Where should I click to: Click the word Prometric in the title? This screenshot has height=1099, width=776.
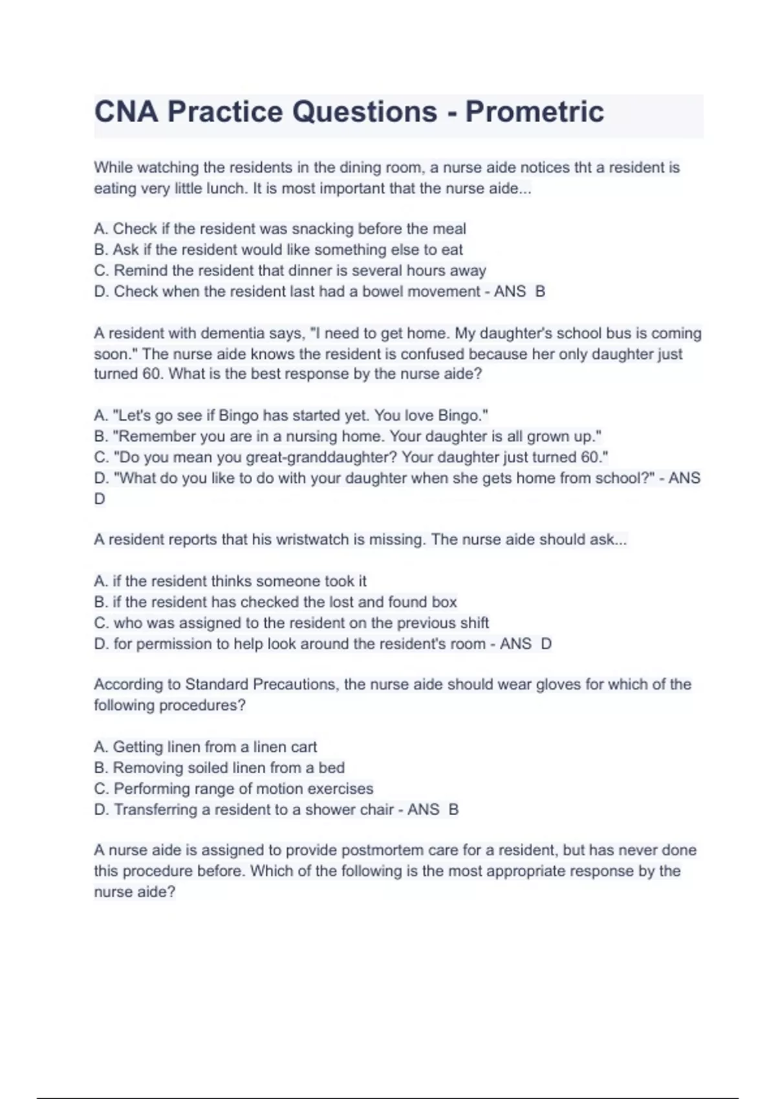click(x=534, y=112)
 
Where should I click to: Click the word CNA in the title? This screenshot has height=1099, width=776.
click(x=126, y=112)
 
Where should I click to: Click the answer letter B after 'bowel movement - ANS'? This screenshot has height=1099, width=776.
click(x=540, y=292)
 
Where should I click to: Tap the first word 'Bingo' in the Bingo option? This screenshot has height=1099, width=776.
click(x=239, y=416)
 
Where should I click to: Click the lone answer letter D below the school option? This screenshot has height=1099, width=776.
click(x=100, y=499)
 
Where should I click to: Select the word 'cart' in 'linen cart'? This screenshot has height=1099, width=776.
click(x=303, y=747)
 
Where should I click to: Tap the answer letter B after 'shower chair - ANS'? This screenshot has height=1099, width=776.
click(x=453, y=809)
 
